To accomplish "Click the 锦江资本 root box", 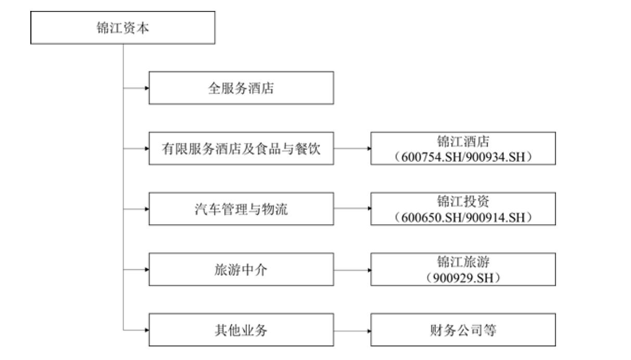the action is [x=123, y=28].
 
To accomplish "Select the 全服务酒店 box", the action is [x=242, y=88].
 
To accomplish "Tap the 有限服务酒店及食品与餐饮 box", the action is [x=242, y=148].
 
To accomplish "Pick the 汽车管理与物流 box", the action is [x=242, y=209].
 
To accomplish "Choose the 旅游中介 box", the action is [x=242, y=269].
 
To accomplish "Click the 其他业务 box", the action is [x=242, y=330].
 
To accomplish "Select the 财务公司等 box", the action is [x=463, y=330].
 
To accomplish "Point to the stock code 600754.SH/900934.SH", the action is [x=463, y=157].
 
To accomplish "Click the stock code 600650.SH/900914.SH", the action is [x=463, y=217].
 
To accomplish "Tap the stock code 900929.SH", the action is [x=463, y=278].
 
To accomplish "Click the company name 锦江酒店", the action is [x=463, y=142].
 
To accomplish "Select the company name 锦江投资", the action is [x=463, y=201].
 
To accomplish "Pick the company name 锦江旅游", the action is [x=463, y=262].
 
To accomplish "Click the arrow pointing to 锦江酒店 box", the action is [x=352, y=148].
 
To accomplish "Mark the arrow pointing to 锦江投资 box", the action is [x=352, y=209].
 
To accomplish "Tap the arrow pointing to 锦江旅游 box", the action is [x=352, y=270].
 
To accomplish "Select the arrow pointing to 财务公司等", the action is [x=352, y=331].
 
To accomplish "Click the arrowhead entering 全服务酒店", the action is [x=147, y=88].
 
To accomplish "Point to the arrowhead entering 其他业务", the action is [x=147, y=330].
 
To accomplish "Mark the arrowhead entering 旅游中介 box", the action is [x=147, y=269].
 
